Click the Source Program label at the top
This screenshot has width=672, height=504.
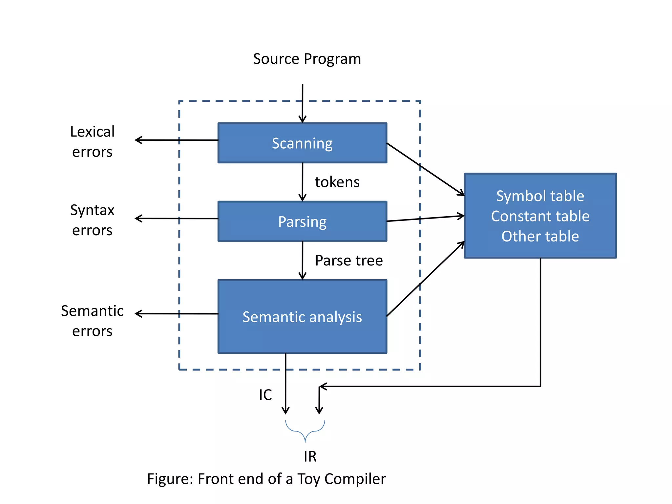307,59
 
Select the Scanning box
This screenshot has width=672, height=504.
302,143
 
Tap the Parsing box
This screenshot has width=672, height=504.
302,221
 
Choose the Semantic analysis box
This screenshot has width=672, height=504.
302,317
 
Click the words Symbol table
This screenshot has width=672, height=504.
540,196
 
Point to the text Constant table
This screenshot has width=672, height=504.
540,216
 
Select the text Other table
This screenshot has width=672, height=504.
540,236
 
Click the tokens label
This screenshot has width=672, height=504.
337,182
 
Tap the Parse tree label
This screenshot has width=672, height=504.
349,261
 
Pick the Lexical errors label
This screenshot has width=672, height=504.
92,141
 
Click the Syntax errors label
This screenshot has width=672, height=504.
92,220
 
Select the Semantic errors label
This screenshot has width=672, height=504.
92,321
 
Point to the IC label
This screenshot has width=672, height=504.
265,395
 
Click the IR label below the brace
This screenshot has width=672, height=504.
310,456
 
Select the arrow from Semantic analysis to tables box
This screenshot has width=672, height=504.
426,279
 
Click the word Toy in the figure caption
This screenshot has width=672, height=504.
308,479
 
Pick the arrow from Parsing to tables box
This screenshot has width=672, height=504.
426,219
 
